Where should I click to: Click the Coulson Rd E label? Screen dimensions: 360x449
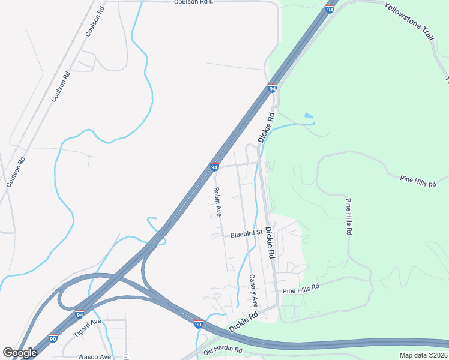[x=194, y=2]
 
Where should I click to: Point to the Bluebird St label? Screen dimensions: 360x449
[x=246, y=233]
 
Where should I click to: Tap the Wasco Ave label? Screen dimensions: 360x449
[x=94, y=356]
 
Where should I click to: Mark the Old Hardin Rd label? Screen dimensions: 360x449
[x=223, y=350]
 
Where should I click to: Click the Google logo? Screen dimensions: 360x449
[x=19, y=353]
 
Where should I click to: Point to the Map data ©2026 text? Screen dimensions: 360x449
[x=423, y=355]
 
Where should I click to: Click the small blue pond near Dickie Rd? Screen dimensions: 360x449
[x=309, y=115]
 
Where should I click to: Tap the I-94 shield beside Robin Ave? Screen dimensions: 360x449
[x=214, y=167]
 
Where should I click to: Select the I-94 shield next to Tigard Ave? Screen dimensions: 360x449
[x=79, y=314]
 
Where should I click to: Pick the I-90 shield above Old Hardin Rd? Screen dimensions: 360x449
[x=198, y=324]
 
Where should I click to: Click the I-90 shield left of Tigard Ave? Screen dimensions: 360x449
[x=53, y=338]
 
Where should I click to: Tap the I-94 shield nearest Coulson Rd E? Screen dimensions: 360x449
[x=330, y=9]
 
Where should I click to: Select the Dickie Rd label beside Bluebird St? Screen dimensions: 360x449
[x=270, y=243]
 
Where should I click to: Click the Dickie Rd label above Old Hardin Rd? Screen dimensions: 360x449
[x=243, y=322]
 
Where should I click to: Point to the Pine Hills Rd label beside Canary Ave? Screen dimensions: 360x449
[x=301, y=289]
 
